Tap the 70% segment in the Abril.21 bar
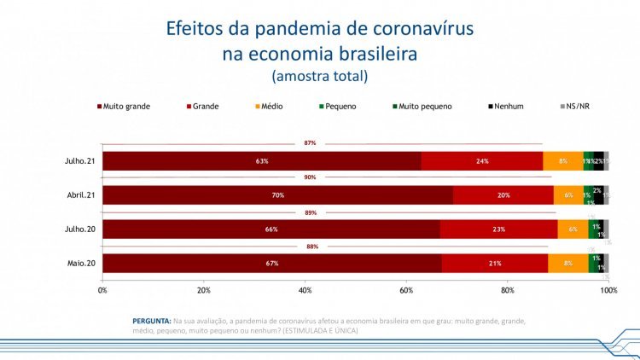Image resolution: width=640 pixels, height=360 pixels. (x=278, y=195)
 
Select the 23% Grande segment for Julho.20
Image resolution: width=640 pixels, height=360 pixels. (x=498, y=229)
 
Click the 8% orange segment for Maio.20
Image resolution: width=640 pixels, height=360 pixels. (x=567, y=264)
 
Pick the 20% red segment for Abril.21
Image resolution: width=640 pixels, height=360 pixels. (x=503, y=195)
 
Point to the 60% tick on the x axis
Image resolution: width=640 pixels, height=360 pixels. (x=406, y=291)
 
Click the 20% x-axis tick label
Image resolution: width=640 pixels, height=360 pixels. (x=204, y=291)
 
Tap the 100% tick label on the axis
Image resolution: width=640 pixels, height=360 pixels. (x=608, y=291)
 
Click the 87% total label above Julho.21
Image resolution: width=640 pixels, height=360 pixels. (x=310, y=143)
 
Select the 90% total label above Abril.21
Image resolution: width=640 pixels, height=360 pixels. (x=310, y=177)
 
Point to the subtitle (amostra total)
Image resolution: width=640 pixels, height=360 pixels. (x=319, y=77)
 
